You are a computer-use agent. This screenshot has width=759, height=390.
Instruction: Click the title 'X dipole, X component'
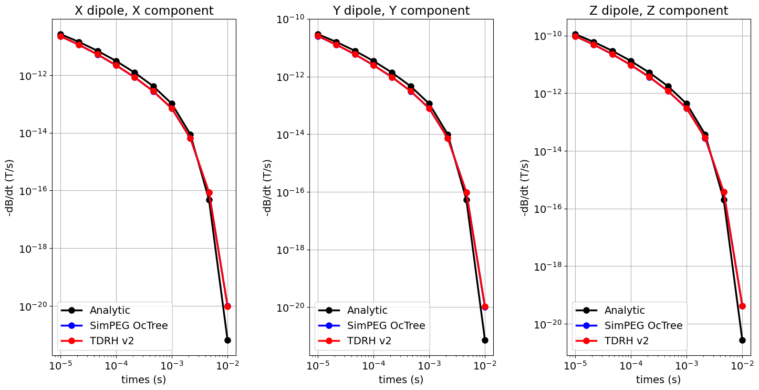(x=144, y=11)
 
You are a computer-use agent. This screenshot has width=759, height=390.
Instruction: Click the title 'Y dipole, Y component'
(x=401, y=11)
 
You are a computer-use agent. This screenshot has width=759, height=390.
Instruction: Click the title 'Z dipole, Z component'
(x=659, y=11)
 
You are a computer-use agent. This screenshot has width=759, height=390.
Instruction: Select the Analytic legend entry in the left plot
(x=110, y=311)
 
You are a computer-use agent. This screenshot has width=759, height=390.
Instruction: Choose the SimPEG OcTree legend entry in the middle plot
(x=386, y=325)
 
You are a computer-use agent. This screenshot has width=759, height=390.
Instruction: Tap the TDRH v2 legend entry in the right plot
(x=629, y=341)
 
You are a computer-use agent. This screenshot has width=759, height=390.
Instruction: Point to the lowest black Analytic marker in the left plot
(x=227, y=340)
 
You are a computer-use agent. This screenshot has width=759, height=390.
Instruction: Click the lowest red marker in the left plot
(x=227, y=306)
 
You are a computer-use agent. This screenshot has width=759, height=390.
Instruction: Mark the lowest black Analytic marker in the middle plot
(x=485, y=340)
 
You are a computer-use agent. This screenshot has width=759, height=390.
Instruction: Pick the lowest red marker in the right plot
(x=742, y=306)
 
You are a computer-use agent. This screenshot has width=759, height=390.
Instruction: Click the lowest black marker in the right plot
(x=742, y=340)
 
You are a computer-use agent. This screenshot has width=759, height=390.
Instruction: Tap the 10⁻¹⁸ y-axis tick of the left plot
(x=33, y=249)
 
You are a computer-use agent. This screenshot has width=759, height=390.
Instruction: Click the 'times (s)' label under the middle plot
(x=401, y=379)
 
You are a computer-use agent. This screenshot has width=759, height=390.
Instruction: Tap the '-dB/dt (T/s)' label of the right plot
(x=525, y=188)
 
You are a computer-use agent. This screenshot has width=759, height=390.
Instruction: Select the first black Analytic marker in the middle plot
(x=318, y=35)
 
